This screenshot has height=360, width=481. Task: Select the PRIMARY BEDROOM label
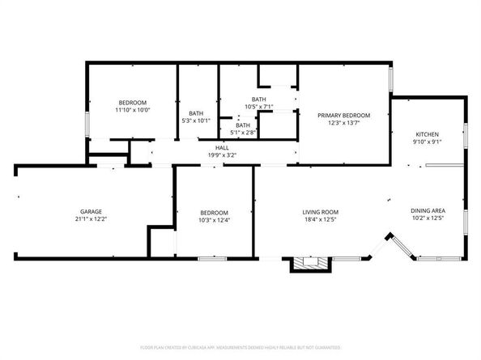[343, 116]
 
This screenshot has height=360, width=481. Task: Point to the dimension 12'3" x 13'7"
[343, 124]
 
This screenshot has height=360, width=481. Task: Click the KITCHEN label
[427, 134]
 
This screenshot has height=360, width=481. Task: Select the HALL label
[214, 147]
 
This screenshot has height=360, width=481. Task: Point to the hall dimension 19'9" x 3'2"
[214, 155]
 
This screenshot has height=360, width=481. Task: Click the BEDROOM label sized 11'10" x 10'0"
[133, 102]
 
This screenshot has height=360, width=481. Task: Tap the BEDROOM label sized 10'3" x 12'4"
[215, 212]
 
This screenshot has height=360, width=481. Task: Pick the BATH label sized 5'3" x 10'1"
[198, 113]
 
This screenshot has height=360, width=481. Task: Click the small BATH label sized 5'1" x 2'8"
[243, 125]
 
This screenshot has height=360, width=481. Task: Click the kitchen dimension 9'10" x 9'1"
[427, 142]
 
